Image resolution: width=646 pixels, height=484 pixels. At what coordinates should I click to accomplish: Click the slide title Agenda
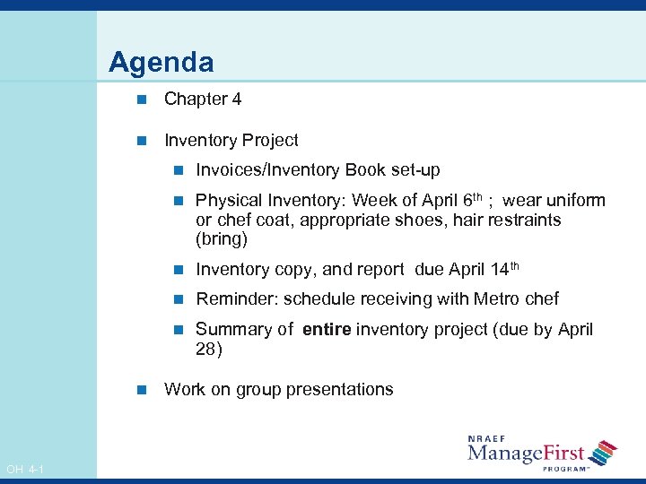click(161, 63)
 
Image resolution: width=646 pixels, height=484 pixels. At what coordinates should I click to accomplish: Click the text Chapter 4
click(203, 99)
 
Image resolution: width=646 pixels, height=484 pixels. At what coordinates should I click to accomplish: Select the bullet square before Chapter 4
click(139, 99)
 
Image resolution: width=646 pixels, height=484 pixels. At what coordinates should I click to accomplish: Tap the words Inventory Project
click(231, 141)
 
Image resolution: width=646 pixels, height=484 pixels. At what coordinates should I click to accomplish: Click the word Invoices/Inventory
click(270, 170)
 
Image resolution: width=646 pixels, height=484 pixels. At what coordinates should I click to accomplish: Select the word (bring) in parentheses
click(221, 240)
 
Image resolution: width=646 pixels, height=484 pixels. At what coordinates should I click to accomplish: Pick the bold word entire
click(327, 330)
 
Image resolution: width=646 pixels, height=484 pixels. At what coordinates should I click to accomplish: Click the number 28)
click(208, 350)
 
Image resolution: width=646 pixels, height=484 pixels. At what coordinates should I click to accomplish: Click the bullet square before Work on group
click(139, 390)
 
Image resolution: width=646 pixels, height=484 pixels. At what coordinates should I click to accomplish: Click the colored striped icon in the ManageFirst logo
click(605, 453)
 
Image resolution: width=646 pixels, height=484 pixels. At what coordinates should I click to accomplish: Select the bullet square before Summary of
click(178, 330)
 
